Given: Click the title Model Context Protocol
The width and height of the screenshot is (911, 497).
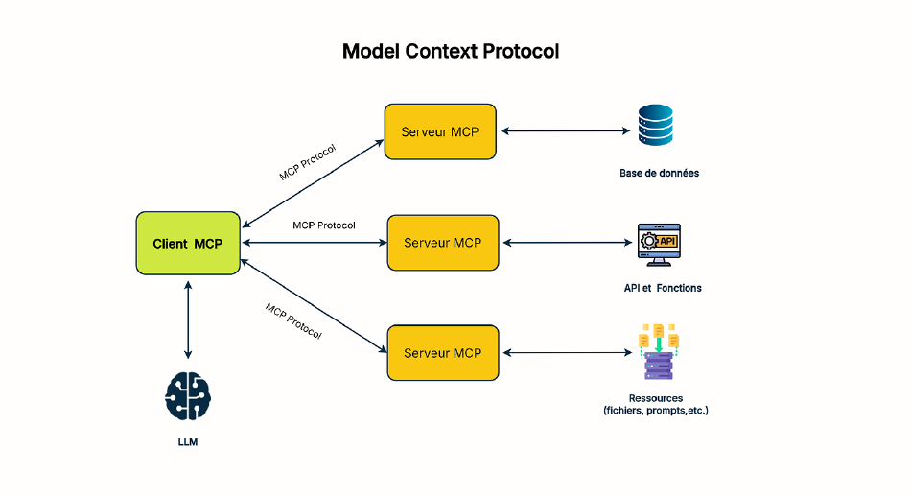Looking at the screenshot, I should pyautogui.click(x=451, y=51).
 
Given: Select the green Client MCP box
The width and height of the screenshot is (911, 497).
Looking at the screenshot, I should pyautogui.click(x=188, y=244).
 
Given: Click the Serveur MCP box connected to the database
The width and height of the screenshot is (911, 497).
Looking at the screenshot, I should pyautogui.click(x=440, y=131).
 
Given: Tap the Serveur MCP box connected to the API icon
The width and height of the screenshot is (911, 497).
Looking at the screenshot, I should pyautogui.click(x=442, y=243).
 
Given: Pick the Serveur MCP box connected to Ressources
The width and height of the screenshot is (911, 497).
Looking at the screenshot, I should pyautogui.click(x=442, y=353).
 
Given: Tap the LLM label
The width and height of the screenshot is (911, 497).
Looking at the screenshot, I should pyautogui.click(x=188, y=443).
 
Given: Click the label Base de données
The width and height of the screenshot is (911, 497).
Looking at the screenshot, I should pyautogui.click(x=659, y=174).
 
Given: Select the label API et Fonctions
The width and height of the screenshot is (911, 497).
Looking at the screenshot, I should pyautogui.click(x=663, y=288).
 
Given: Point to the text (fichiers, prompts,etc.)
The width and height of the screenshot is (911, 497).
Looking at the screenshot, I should pyautogui.click(x=657, y=411).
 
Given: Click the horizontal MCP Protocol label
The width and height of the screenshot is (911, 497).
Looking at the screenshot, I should pyautogui.click(x=324, y=225).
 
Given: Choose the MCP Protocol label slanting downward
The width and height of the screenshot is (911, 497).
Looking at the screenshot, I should pyautogui.click(x=293, y=321).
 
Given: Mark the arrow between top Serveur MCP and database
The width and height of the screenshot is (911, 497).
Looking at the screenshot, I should pyautogui.click(x=564, y=131).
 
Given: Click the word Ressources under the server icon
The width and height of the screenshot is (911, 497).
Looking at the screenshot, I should pyautogui.click(x=656, y=397).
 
